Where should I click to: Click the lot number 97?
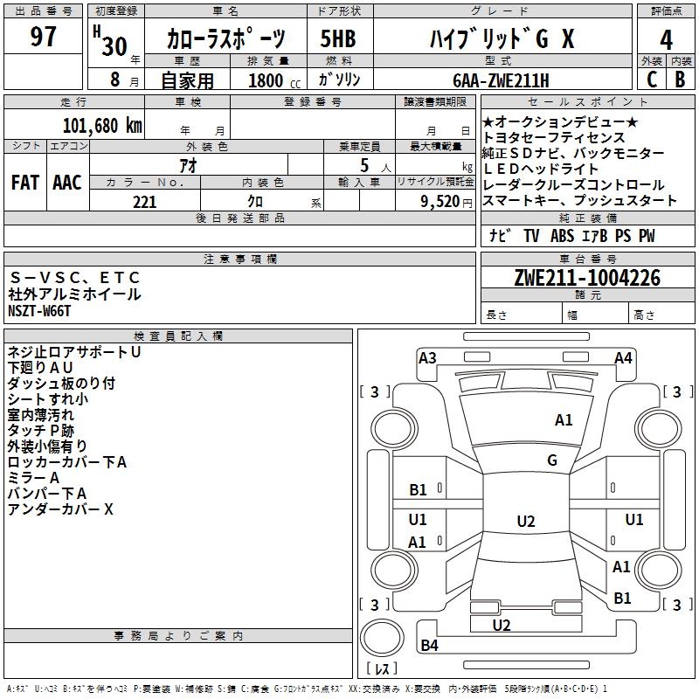coord(44,38)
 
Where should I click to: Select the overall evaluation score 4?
coord(667,39)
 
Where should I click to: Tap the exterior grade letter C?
coord(651,79)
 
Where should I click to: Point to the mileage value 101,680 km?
coord(102,125)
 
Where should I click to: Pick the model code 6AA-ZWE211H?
coord(502,80)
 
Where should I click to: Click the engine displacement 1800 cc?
coord(273,80)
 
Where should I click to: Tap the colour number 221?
coord(144,202)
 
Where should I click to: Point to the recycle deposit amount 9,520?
coord(439,202)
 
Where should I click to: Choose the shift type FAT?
coord(24,182)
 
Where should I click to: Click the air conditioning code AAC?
coord(67,182)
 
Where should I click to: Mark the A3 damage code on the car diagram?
coord(427,357)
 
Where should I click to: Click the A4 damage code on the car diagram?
coord(623,357)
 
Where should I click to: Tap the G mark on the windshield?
coord(552,460)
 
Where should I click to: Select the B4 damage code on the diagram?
coord(429,646)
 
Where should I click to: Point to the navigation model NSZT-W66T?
coord(39,310)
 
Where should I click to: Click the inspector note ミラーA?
coord(33,478)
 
